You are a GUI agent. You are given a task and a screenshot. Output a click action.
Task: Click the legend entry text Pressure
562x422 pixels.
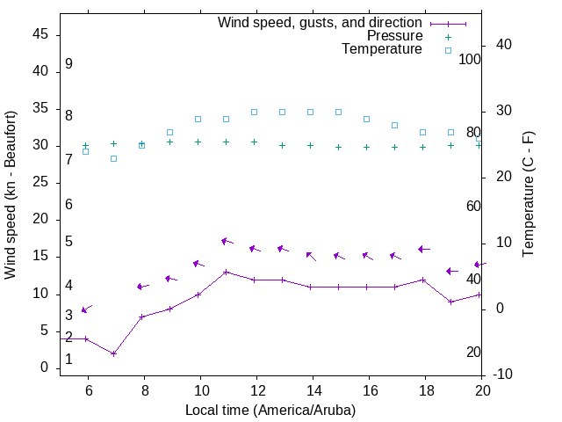coord(394,36)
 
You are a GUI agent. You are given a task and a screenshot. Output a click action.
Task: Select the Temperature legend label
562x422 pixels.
coord(382,49)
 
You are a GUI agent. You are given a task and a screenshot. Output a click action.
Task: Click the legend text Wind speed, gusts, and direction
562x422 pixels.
coord(321,23)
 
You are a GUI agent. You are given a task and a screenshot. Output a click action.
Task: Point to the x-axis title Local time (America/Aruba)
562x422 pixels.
coord(270,410)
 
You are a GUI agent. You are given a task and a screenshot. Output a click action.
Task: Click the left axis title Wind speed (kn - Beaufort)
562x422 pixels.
coord(11,195)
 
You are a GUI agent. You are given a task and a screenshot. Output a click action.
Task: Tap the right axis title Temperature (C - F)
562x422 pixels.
coord(528,195)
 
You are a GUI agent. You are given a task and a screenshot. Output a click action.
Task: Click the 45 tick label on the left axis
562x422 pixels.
coord(40,35)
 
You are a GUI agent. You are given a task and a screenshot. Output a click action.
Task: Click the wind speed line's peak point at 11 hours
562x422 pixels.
coord(227,272)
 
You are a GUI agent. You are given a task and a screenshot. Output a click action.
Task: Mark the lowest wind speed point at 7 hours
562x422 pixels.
coord(114,353)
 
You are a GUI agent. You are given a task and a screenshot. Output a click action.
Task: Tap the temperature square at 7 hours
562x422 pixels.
coord(114,158)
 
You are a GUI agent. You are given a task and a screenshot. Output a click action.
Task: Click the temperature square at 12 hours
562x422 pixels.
coord(255,112)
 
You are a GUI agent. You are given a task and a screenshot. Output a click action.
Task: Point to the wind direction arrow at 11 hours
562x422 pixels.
coord(227,241)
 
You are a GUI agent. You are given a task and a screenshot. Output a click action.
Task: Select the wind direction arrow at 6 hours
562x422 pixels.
coord(85,309)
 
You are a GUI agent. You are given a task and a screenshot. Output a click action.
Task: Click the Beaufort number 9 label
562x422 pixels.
coord(68,64)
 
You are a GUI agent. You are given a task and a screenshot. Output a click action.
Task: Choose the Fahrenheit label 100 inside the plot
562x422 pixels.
coord(470,60)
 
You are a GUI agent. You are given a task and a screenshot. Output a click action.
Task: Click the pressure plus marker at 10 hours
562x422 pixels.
coord(198,142)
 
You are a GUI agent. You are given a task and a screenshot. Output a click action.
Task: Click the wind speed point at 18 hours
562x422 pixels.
coord(423,280)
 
